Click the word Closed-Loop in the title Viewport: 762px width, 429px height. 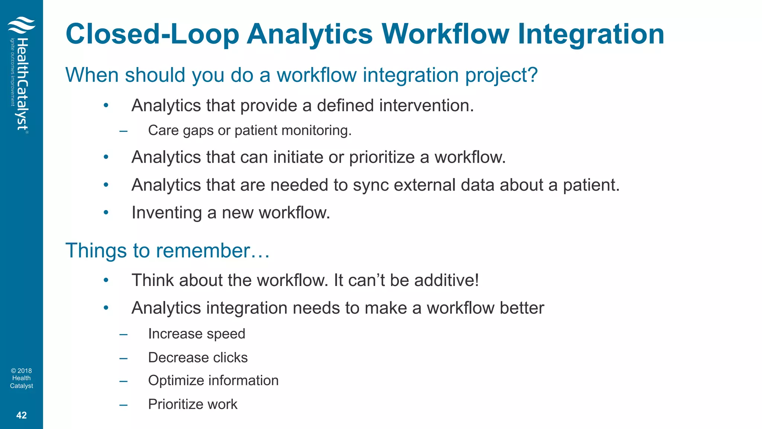pyautogui.click(x=152, y=35)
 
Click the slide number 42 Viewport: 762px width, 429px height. pyautogui.click(x=22, y=415)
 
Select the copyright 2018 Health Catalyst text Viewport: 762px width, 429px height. pyautogui.click(x=22, y=378)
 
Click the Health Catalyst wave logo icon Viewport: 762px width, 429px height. pyautogui.click(x=21, y=25)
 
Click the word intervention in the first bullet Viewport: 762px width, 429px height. pyautogui.click(x=426, y=106)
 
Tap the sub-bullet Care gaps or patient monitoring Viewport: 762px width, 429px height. pyautogui.click(x=250, y=131)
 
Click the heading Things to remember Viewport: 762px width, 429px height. pyautogui.click(x=167, y=251)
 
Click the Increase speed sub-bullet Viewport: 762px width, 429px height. pyautogui.click(x=196, y=334)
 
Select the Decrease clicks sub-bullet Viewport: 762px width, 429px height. pyautogui.click(x=198, y=358)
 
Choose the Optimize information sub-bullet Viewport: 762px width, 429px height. pyautogui.click(x=213, y=381)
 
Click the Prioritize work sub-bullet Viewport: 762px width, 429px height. pyautogui.click(x=192, y=404)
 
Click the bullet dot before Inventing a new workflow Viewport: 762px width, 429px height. pyautogui.click(x=106, y=213)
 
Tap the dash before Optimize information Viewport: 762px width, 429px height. pyautogui.click(x=124, y=381)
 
